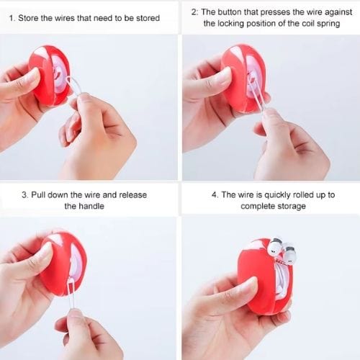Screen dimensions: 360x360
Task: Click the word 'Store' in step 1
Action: pyautogui.click(x=28, y=18)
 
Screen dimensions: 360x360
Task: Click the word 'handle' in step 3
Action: pyautogui.click(x=91, y=206)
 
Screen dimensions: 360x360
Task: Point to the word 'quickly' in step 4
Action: pyautogui.click(x=276, y=195)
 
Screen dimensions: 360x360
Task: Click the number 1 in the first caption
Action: pyautogui.click(x=11, y=18)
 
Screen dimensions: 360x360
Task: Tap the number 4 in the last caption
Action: pyautogui.click(x=215, y=194)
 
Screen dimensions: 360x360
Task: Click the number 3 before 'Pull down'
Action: pyautogui.click(x=24, y=194)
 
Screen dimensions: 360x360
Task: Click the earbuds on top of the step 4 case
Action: pyautogui.click(x=282, y=251)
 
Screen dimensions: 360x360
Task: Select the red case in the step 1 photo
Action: pyautogui.click(x=50, y=76)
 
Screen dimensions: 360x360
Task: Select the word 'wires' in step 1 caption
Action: pyautogui.click(x=63, y=18)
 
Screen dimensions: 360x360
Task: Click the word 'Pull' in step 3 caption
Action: pyautogui.click(x=38, y=194)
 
